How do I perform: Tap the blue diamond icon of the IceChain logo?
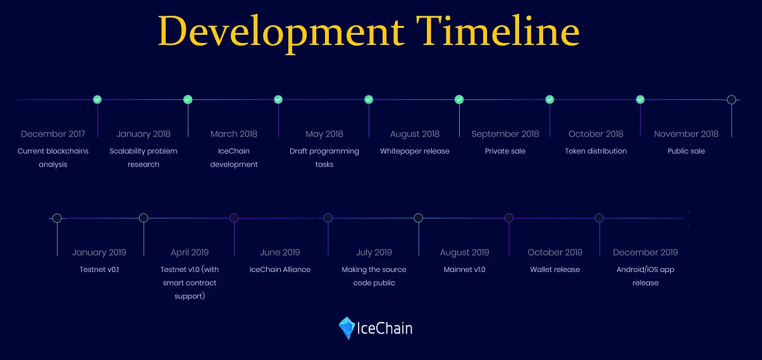click(347, 328)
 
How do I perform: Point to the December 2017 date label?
click(53, 133)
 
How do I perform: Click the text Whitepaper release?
click(415, 151)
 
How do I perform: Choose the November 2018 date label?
click(686, 133)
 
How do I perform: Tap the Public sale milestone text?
click(686, 151)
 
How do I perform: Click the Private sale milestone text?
click(505, 151)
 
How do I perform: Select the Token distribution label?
click(596, 151)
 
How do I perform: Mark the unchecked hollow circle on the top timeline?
click(732, 100)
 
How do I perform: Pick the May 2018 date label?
click(324, 134)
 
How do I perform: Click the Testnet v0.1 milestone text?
click(99, 270)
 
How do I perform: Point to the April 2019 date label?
click(190, 252)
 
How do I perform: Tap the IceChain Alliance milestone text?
click(280, 270)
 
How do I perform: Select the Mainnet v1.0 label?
click(464, 270)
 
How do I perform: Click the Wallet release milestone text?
click(555, 270)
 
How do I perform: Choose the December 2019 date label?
click(645, 252)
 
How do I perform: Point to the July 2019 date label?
click(374, 252)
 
